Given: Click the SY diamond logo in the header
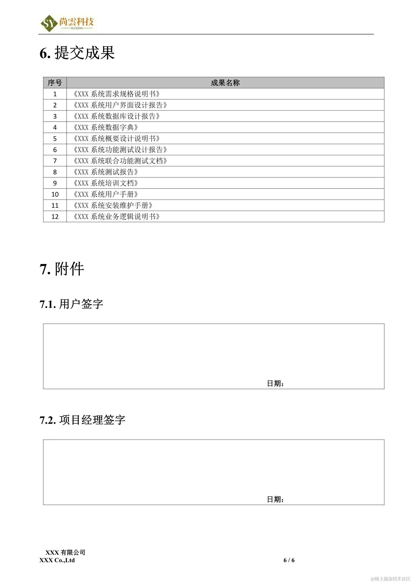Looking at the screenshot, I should [49, 23].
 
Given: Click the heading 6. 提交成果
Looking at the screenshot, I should [77, 53].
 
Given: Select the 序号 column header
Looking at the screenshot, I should [55, 83].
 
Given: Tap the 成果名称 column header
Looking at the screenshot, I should [225, 83].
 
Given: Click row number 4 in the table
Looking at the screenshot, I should [55, 127].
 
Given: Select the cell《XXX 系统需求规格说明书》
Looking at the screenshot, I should [116, 94].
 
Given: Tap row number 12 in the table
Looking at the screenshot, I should [55, 217].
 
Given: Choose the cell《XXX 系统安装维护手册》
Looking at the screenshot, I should [112, 205].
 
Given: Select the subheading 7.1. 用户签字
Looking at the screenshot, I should [71, 304].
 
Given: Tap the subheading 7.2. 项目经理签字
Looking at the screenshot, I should [82, 420].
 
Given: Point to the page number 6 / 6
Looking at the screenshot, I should [289, 560].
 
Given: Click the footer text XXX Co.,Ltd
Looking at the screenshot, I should [57, 560].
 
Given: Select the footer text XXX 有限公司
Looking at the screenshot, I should [65, 552].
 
